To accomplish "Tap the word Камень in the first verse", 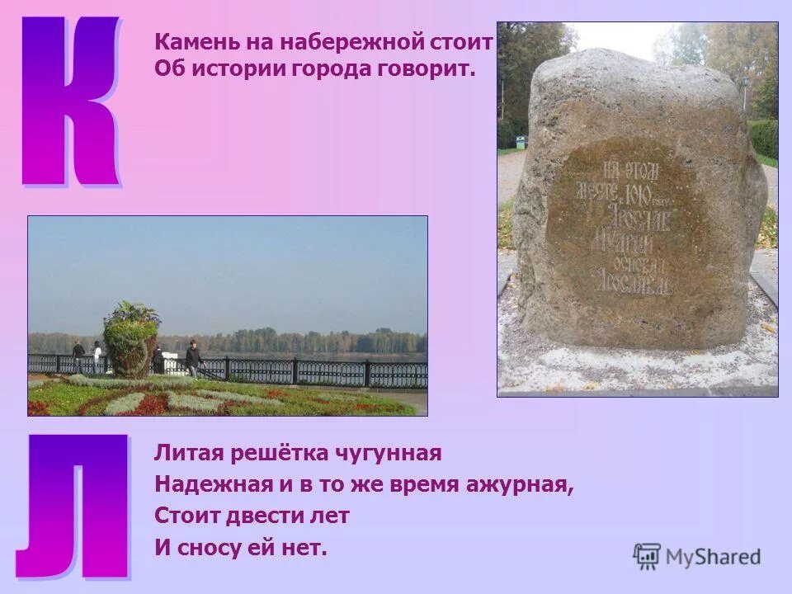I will tap(191, 42).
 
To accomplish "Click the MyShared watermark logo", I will tap(697, 557).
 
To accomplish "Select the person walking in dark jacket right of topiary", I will tap(192, 359).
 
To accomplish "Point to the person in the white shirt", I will tap(97, 356).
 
